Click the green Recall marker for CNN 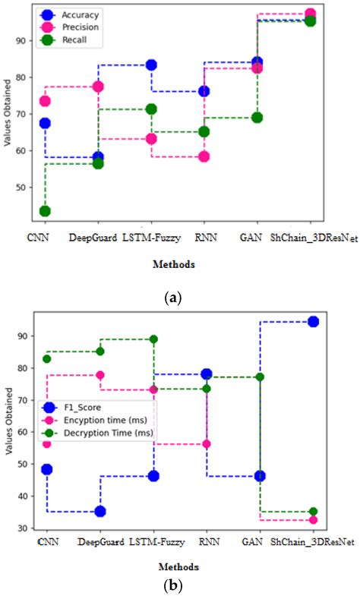click(x=45, y=211)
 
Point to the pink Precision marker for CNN click(x=45, y=101)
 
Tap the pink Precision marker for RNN click(x=204, y=156)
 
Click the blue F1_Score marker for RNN click(x=206, y=374)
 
